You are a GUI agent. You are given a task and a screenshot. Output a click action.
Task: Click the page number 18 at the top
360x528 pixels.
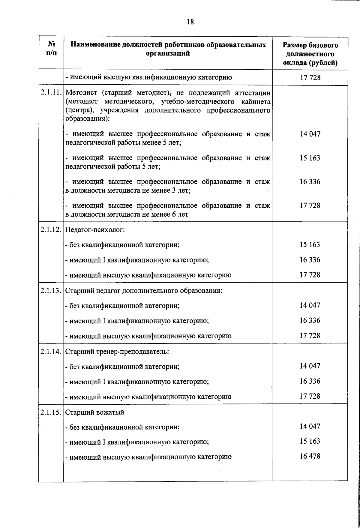pos(190,22)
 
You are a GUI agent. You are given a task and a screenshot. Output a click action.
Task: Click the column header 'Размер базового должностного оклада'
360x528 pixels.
pos(310,54)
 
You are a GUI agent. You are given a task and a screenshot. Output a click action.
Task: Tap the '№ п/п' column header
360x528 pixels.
pos(51,49)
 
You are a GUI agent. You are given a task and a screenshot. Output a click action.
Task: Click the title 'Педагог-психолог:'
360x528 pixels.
pos(95,230)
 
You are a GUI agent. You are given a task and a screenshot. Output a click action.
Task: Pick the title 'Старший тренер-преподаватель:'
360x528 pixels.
pos(117,351)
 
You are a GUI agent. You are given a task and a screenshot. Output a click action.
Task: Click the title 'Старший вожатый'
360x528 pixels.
pos(95,412)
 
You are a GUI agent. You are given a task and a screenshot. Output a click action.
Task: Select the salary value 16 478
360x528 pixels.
pos(310,456)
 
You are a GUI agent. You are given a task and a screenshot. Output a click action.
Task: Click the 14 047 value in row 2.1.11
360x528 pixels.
pos(310,134)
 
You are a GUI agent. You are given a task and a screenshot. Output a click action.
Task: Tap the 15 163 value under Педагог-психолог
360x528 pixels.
pos(310,244)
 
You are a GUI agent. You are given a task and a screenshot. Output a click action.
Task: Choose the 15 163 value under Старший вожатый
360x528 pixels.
pos(310,441)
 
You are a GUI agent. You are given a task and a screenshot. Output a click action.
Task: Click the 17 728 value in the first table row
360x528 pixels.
pos(310,78)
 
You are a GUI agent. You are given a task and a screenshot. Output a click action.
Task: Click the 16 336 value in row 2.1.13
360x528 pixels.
pos(310,320)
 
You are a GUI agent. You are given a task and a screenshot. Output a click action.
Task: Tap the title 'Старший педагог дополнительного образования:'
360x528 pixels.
pos(144,291)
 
